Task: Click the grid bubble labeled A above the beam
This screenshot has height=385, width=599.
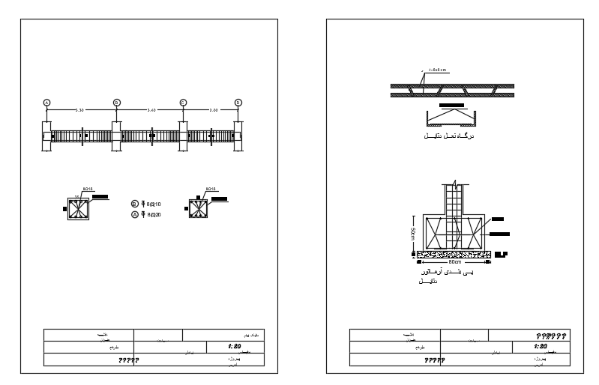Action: tap(46, 103)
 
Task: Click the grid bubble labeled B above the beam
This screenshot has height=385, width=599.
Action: tap(116, 103)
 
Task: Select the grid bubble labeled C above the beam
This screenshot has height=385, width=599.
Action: tap(183, 103)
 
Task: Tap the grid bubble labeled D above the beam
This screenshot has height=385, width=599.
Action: tap(238, 103)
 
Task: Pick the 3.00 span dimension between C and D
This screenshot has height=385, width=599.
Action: tap(213, 110)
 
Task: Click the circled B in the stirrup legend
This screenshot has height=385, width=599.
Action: tap(135, 203)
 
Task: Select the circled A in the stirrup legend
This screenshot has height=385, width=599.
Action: tap(135, 214)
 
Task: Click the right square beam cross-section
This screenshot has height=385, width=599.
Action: tap(199, 209)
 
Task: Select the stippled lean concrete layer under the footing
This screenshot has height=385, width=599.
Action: tap(454, 255)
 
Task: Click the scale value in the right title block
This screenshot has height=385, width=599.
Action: tap(540, 347)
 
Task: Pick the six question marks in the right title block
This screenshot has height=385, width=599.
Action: tap(549, 335)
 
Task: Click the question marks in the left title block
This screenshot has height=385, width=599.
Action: tap(128, 361)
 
